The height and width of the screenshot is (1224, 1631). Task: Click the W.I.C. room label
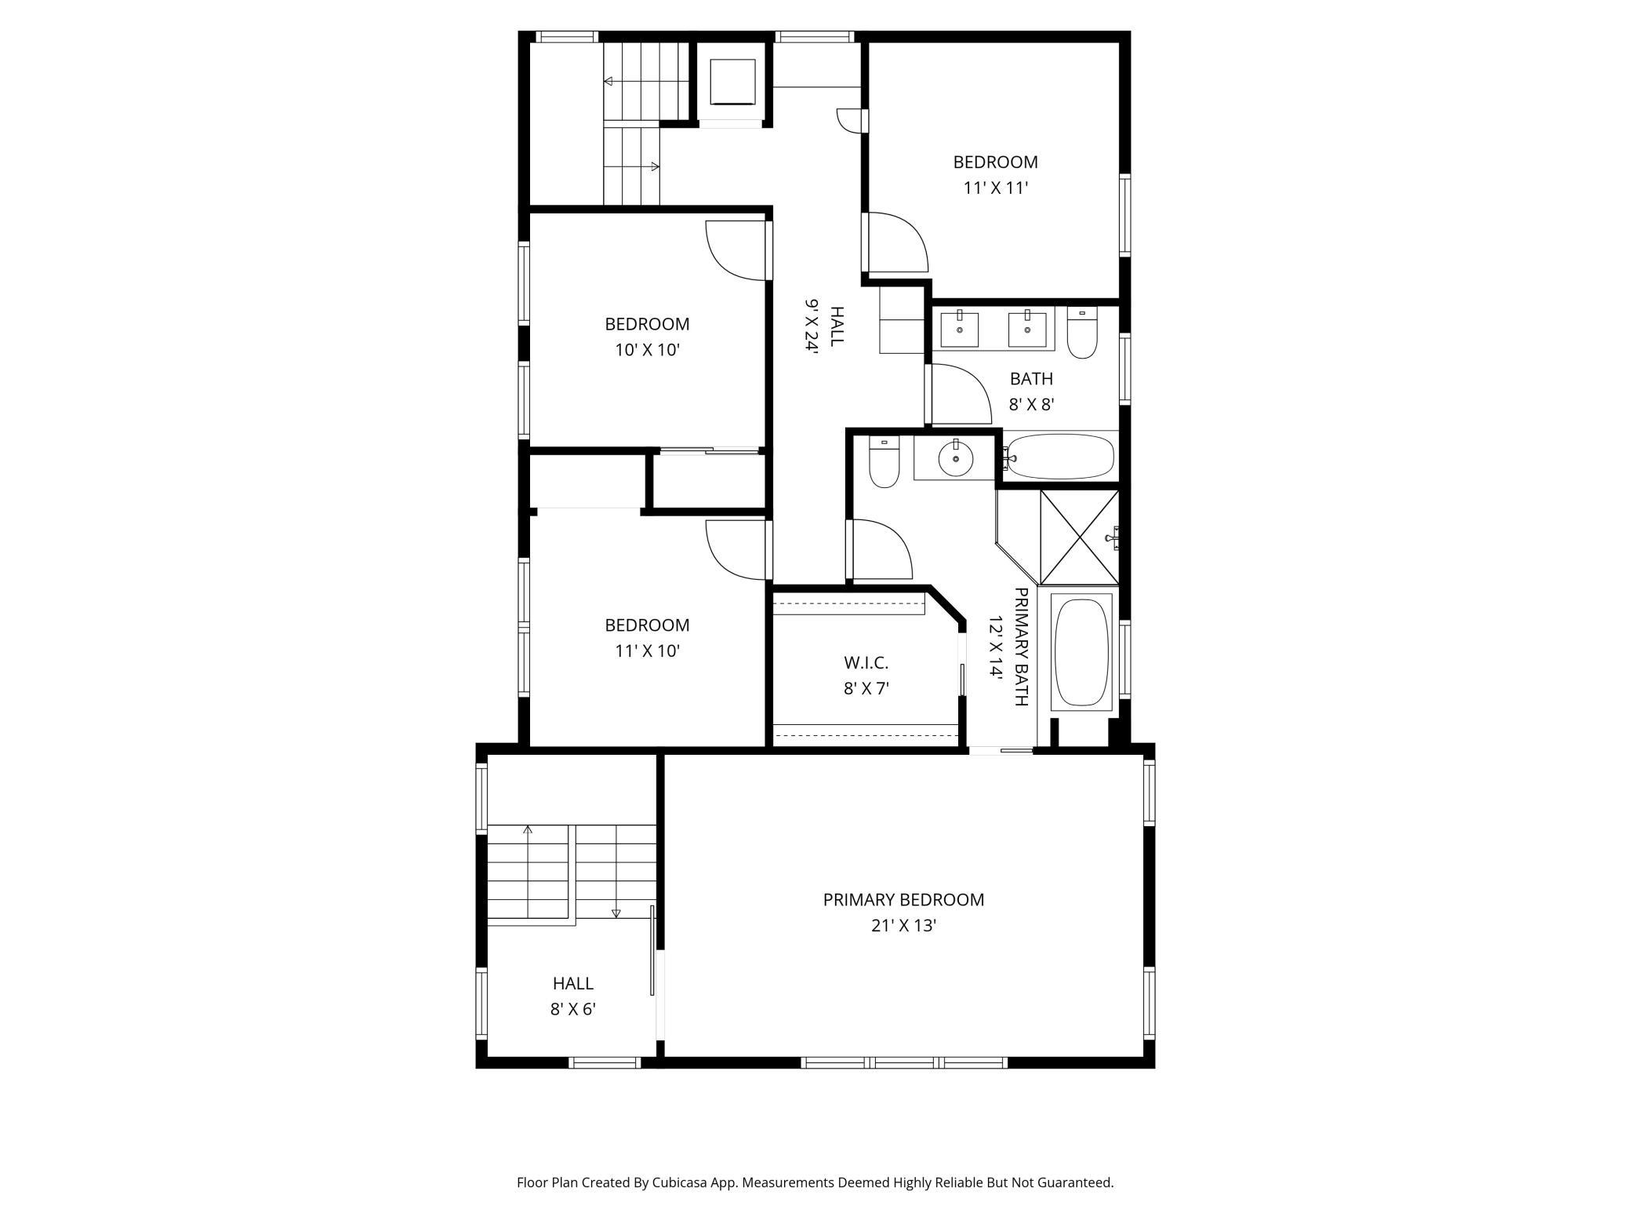coord(866,663)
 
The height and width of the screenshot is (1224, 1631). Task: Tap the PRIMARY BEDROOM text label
coord(903,900)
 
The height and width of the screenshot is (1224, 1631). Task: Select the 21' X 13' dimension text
coord(903,926)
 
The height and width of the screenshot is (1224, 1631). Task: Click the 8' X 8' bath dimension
coord(1031,405)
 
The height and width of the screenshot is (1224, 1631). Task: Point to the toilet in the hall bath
coord(1082,333)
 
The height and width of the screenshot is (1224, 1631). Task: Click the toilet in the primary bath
coord(884,462)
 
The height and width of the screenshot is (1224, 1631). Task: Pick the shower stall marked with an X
coord(1079,537)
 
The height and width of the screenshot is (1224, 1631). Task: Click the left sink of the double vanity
coord(959,330)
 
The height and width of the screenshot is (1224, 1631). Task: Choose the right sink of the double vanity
coord(1027,330)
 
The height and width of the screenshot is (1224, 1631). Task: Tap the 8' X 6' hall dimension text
coord(573,1009)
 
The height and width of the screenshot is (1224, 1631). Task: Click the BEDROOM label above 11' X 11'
coord(995,162)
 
